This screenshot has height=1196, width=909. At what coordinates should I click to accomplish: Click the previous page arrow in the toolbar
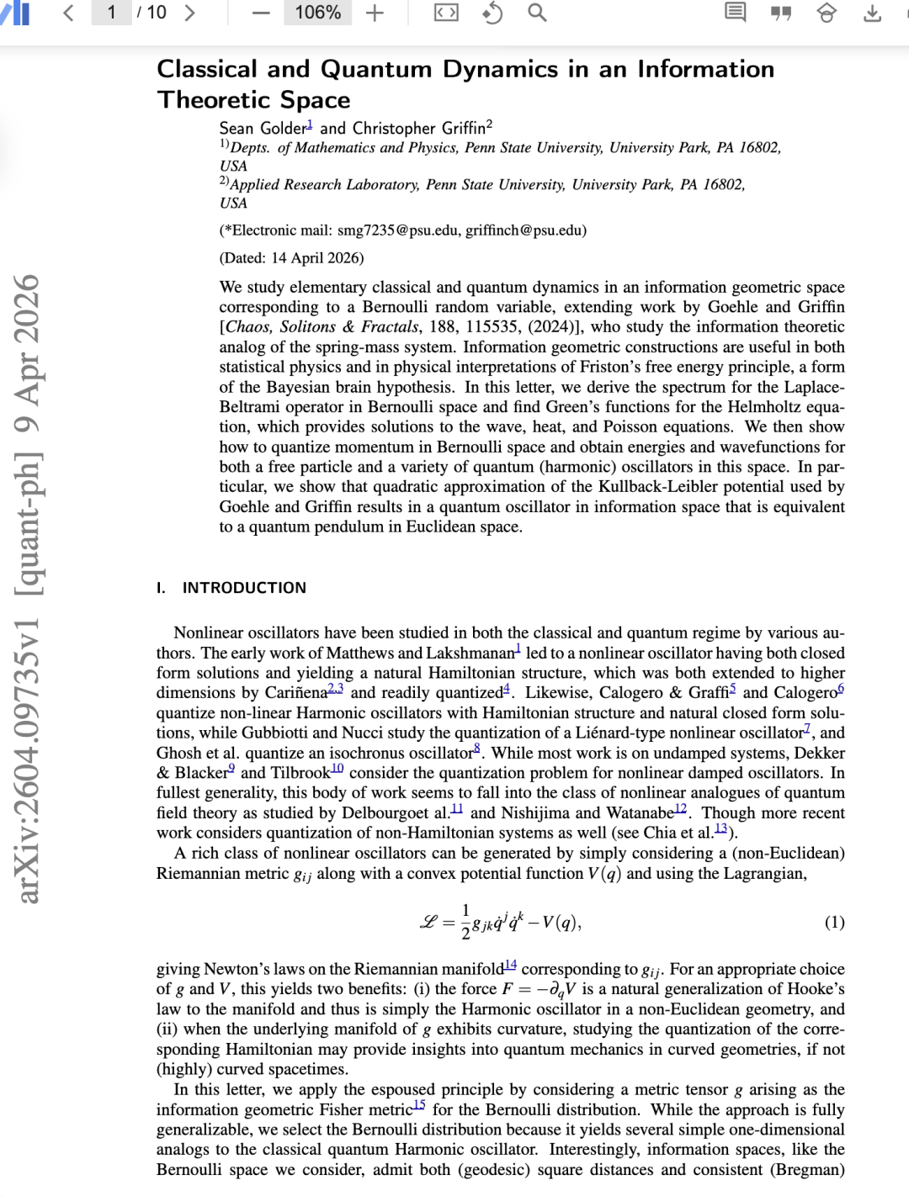[x=69, y=13]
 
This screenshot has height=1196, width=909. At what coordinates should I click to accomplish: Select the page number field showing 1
[x=111, y=13]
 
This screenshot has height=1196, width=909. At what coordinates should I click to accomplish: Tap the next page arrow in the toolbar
[x=189, y=13]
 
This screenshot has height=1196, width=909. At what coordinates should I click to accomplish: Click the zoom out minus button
[x=261, y=13]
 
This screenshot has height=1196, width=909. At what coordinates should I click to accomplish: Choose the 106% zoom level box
[x=317, y=13]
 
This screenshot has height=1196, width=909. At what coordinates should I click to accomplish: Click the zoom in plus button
[x=375, y=13]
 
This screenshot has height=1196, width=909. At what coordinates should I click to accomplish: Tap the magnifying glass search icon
[x=537, y=13]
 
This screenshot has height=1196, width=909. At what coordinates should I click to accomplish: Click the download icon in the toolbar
[x=873, y=13]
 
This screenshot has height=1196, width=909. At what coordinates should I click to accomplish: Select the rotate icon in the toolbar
[x=492, y=13]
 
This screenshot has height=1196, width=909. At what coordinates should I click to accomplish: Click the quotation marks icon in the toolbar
[x=781, y=13]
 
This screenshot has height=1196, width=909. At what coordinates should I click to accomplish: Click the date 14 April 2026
[x=316, y=258]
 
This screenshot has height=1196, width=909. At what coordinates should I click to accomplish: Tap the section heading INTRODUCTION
[x=244, y=588]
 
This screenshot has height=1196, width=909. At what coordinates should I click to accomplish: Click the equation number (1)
[x=834, y=923]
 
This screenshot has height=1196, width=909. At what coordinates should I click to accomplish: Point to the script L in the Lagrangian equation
[x=428, y=923]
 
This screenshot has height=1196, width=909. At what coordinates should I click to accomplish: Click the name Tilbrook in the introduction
[x=300, y=773]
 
